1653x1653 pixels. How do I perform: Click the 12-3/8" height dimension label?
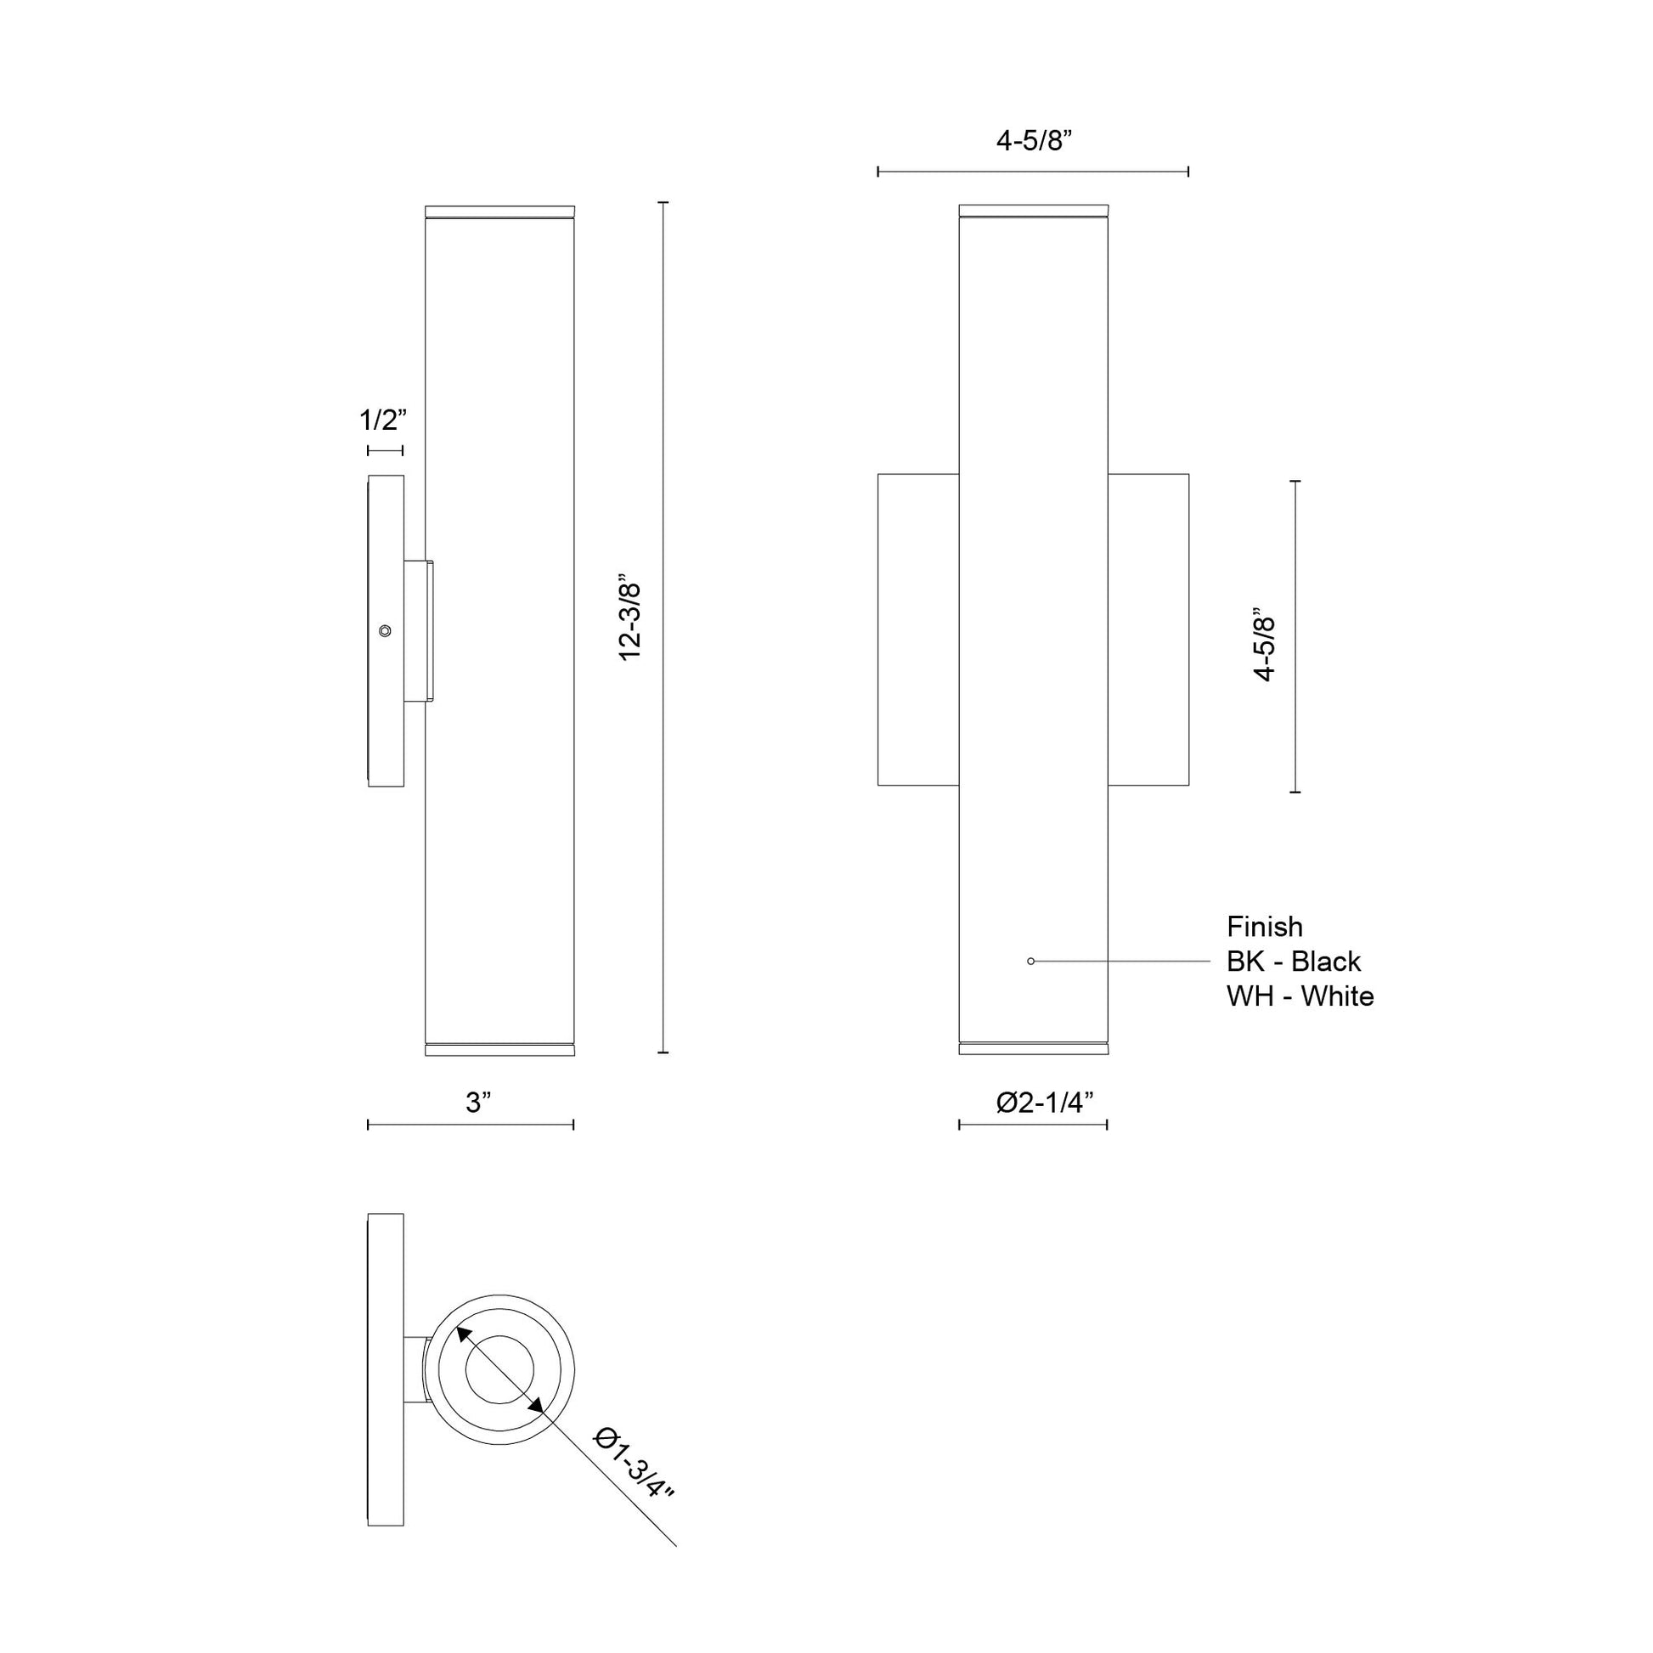coord(630,621)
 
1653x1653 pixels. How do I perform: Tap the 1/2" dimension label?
coord(381,420)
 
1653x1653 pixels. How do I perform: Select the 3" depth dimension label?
coord(479,1103)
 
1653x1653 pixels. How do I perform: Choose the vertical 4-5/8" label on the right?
coord(1265,645)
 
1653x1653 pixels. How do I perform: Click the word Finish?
coord(1265,927)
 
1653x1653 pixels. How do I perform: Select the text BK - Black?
coord(1293,962)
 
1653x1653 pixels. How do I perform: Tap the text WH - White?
coord(1300,996)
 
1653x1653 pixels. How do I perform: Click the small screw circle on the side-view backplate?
coord(386,630)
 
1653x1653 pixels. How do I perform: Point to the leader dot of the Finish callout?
coord(1031,962)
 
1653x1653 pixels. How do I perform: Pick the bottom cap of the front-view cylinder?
coord(1034,1049)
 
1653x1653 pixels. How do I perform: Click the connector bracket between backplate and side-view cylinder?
coord(420,631)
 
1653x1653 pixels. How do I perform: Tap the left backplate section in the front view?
coord(918,629)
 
